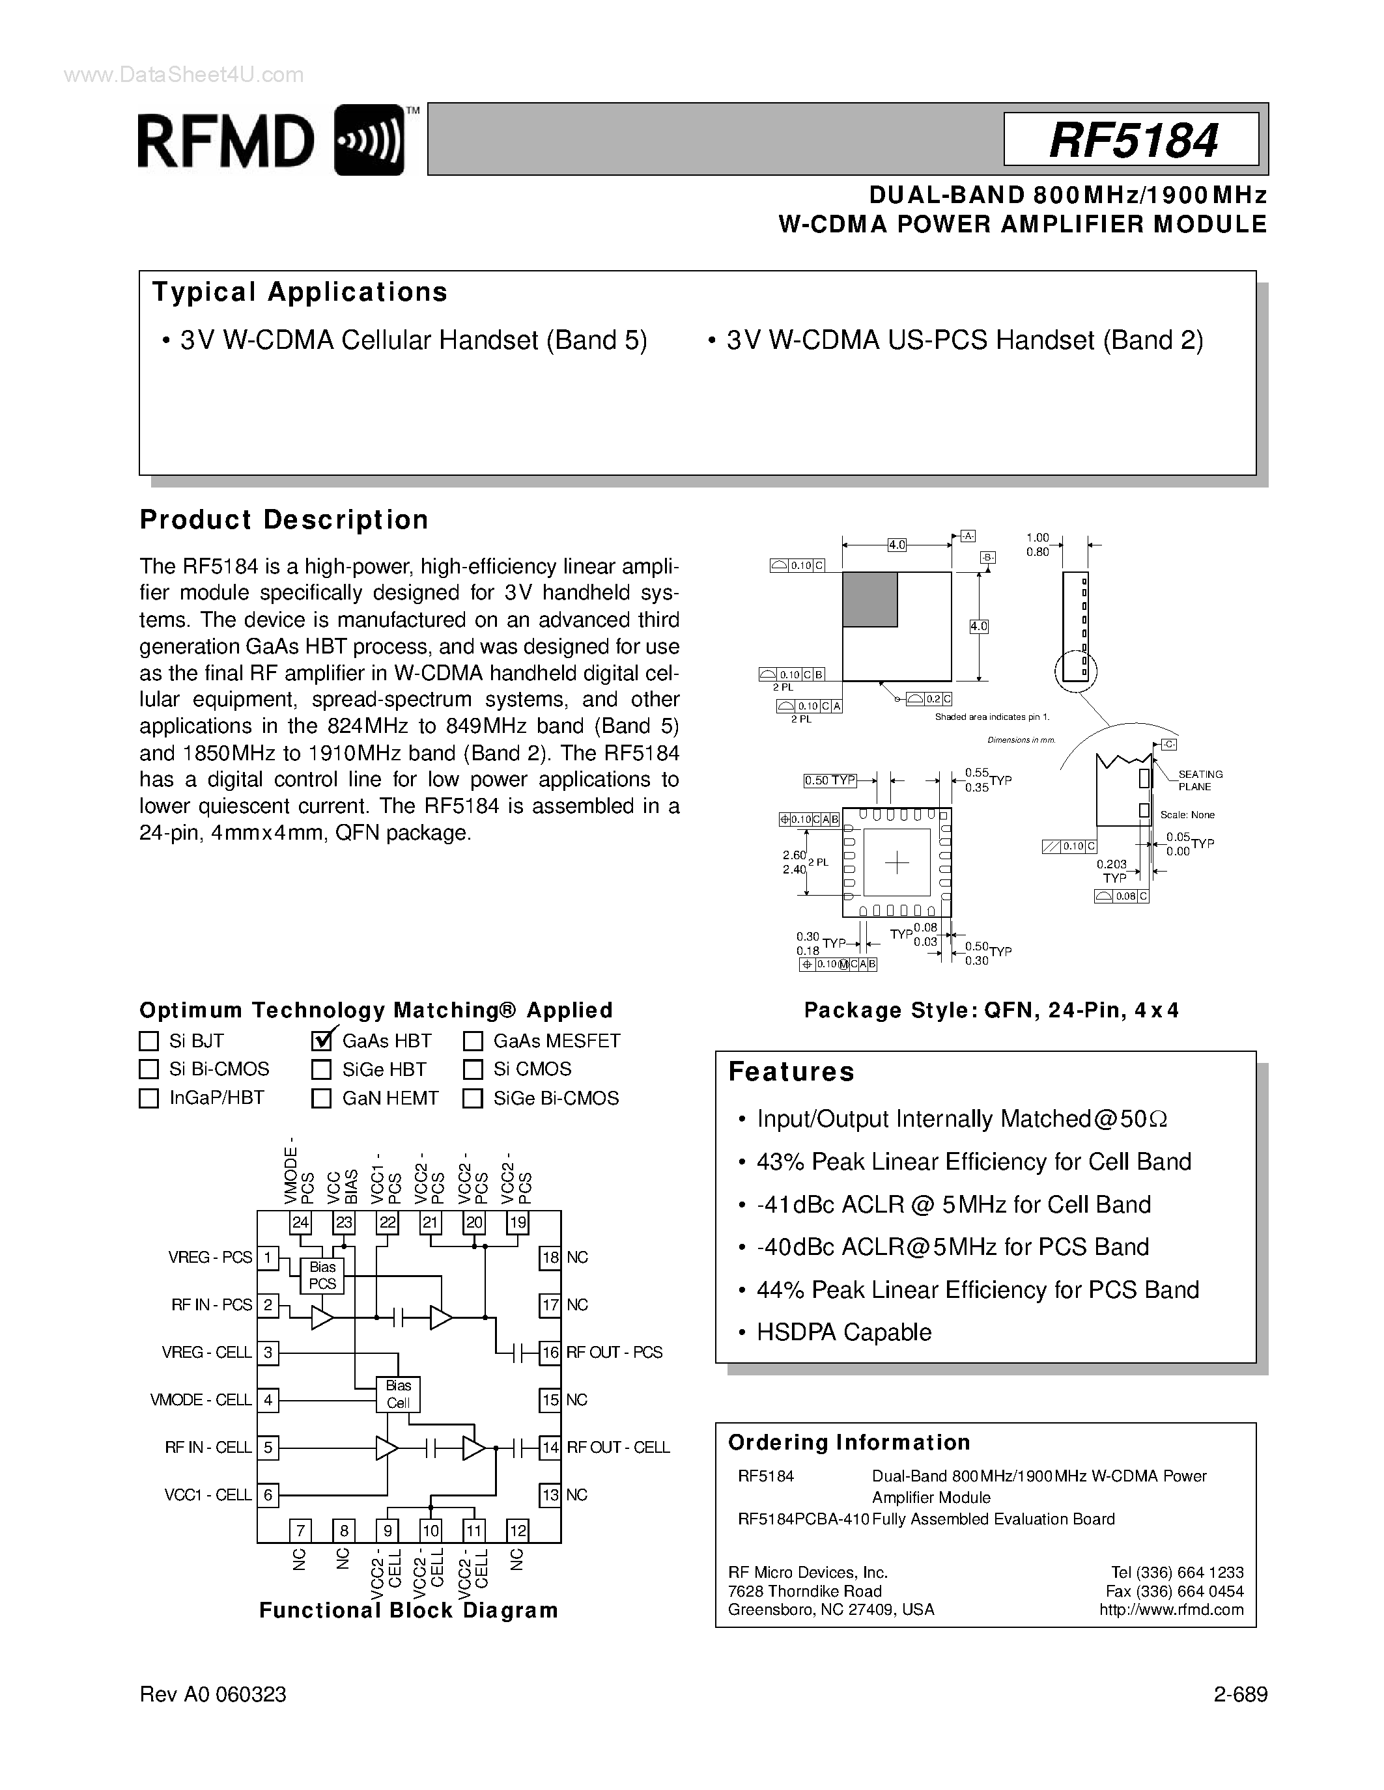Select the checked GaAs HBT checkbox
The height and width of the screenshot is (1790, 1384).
pos(321,1041)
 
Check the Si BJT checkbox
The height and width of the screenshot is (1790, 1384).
pos(148,1041)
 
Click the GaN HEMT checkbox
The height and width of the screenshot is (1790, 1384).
pos(321,1098)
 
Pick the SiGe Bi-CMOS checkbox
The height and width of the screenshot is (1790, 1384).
pos(472,1098)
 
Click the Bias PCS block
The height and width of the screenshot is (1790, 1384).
pos(322,1275)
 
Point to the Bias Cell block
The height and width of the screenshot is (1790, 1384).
pos(399,1394)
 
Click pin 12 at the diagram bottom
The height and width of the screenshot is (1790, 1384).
pos(517,1530)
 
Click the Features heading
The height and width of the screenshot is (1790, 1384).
pos(791,1072)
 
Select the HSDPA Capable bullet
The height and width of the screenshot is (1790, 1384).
pos(843,1332)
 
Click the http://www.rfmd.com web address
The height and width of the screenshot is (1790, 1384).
pos(1171,1610)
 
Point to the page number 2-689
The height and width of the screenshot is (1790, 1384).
pos(1241,1695)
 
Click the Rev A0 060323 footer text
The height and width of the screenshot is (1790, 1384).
pos(213,1695)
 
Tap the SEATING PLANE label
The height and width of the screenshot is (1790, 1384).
pos(1200,780)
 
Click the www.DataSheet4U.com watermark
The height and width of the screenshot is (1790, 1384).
pos(184,76)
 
